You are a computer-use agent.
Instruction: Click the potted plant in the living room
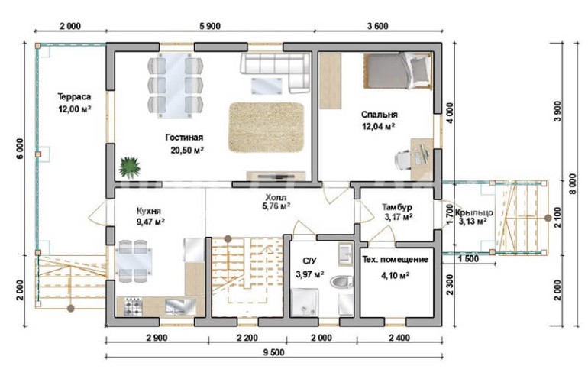pos(129,167)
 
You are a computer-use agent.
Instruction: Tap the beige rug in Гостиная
pos(266,127)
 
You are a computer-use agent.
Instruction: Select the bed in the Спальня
pos(398,71)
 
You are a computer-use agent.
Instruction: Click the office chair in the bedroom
pos(403,160)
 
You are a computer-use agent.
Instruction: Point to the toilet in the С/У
pos(341,281)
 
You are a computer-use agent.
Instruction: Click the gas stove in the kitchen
pos(133,306)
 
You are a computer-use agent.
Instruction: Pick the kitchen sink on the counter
pos(180,306)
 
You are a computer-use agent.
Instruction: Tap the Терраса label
pos(74,97)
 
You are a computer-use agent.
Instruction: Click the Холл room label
pos(276,197)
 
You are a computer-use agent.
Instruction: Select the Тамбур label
pos(397,207)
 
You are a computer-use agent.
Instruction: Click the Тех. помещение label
pos(396,260)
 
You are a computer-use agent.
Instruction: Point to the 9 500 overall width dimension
pos(273,352)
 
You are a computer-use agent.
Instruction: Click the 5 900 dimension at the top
pos(210,26)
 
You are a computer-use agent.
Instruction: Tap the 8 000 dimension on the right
pos(572,184)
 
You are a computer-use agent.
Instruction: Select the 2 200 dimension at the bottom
pos(247,338)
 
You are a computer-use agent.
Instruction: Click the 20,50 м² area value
pos(187,151)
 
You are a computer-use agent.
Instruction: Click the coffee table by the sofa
pos(267,86)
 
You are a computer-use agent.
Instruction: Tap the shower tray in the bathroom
pos(305,302)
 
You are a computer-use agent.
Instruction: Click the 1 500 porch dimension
pos(468,259)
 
